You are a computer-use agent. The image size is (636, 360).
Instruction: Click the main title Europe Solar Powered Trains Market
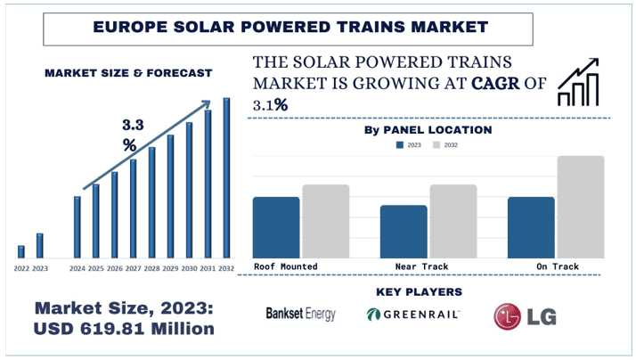[x=290, y=28]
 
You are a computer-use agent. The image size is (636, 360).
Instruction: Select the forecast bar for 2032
[x=226, y=177]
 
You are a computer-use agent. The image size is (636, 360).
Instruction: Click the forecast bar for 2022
[x=21, y=250]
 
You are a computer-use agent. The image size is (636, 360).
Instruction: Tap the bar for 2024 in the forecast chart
[x=77, y=226]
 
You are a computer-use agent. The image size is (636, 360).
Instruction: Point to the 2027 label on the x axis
[x=133, y=268]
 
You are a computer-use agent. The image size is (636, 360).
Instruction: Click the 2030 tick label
[x=189, y=268]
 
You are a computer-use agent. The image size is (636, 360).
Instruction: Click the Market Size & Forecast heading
[x=128, y=72]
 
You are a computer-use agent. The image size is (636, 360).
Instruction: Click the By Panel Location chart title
[x=428, y=130]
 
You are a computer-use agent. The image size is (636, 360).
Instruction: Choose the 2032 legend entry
[x=444, y=144]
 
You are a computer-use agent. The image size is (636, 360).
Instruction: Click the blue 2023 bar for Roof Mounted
[x=276, y=226]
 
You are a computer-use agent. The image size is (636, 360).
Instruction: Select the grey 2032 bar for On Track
[x=581, y=207]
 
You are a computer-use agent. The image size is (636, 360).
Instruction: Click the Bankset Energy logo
[x=300, y=314]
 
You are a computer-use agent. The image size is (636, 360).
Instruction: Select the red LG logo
[x=519, y=315]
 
